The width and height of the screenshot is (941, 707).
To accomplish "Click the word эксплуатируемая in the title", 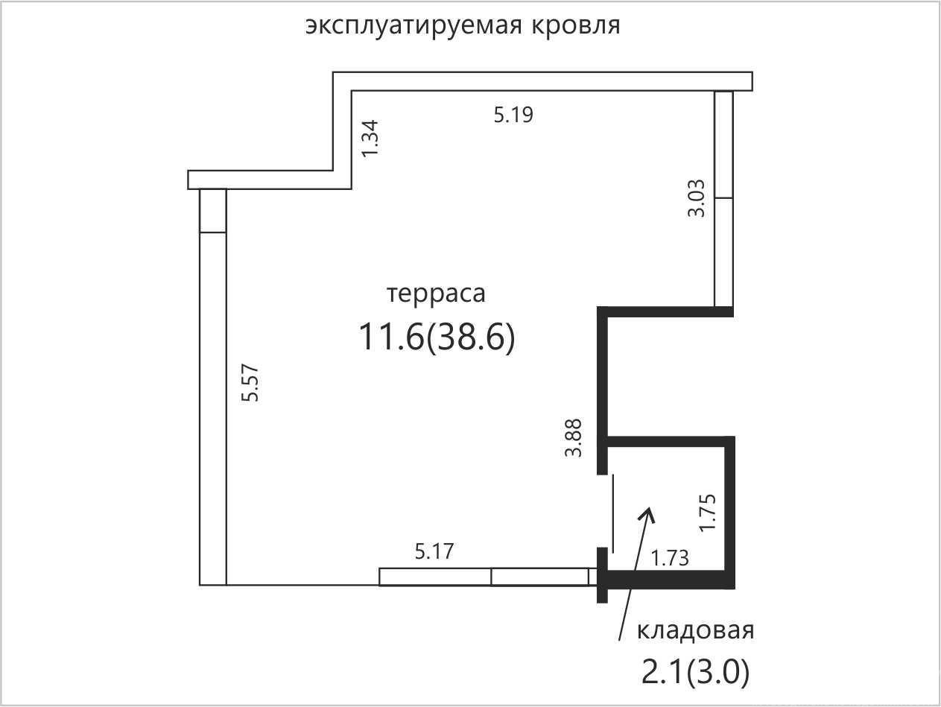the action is pos(414,27).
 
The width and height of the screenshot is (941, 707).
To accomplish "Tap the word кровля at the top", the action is pos(576,27).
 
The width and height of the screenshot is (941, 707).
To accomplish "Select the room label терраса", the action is pos(436,294).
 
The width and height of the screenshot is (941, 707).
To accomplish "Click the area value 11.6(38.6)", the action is pos(437,337).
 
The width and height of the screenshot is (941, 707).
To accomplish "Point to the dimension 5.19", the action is pos(513,115).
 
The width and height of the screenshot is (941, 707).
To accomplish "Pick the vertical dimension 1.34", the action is pos(370,139).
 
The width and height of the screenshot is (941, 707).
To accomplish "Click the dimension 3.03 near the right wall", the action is pos(696,198).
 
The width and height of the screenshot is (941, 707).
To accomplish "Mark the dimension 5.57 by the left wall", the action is pos(250,383).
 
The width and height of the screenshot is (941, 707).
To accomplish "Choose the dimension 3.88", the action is pos(573,437).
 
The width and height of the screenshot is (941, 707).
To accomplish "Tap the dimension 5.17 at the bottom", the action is pos(434,551).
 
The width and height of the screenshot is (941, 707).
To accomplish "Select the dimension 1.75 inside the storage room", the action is pos(707,513).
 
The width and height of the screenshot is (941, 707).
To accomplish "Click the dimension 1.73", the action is pos(669,558).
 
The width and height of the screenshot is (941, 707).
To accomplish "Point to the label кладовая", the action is pos(695,631).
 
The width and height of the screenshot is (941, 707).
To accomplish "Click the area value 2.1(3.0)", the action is pos(695,672).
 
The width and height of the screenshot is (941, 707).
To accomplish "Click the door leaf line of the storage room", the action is pos(613,513).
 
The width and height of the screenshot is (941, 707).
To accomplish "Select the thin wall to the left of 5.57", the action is pos(213,387).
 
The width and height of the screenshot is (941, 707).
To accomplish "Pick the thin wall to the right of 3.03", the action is pos(723,199).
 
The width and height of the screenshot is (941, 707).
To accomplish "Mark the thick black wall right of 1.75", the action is pos(729,513).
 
